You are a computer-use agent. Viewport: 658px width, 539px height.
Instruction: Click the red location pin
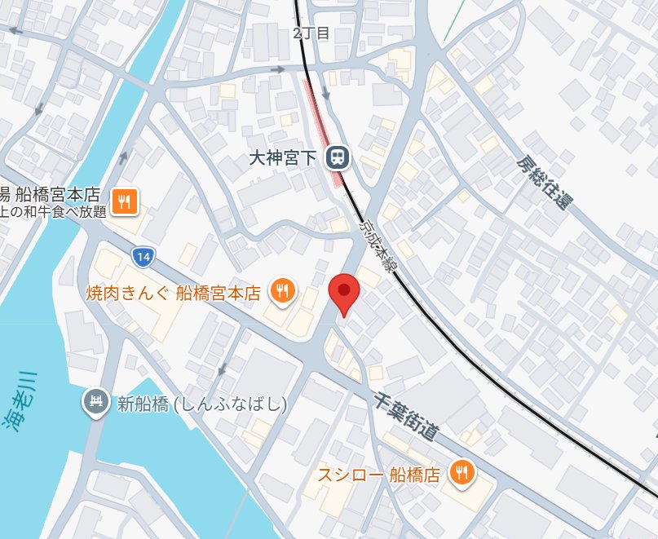(344, 294)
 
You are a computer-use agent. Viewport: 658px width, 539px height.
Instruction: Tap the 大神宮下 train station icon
(336, 157)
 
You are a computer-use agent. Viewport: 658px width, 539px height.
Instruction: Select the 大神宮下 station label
(283, 157)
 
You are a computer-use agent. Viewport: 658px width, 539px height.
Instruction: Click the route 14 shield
(143, 258)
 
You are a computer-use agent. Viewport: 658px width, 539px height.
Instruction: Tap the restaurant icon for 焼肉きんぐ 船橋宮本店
(282, 291)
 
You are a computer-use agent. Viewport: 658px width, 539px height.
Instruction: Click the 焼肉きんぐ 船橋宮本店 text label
(173, 292)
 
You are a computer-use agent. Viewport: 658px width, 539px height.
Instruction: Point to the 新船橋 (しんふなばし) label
(202, 403)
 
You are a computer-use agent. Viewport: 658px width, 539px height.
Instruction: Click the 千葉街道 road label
(408, 415)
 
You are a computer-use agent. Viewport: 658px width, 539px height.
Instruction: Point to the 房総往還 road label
(541, 182)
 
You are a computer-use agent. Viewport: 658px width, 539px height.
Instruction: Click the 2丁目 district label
(311, 33)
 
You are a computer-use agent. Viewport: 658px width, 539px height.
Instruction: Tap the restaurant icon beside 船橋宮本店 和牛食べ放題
(126, 200)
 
